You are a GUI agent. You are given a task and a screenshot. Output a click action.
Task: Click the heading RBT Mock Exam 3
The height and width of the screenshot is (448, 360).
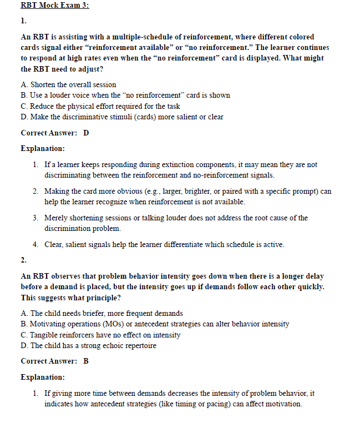click(54, 6)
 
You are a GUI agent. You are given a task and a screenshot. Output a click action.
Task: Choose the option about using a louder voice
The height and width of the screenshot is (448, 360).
click(125, 95)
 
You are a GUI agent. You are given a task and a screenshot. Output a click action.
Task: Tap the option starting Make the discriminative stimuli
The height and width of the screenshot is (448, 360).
click(121, 117)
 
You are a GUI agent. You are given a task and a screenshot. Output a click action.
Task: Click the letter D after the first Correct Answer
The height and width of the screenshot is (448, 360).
click(86, 133)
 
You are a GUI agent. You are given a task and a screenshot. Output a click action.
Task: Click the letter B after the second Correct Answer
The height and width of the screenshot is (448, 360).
click(86, 361)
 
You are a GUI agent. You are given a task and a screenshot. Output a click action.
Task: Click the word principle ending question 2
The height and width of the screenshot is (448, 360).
click(95, 298)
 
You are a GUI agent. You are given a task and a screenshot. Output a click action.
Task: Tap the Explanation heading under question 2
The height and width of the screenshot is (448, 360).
click(43, 377)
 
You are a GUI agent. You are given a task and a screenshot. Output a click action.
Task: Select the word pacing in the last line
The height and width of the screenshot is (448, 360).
click(199, 404)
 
